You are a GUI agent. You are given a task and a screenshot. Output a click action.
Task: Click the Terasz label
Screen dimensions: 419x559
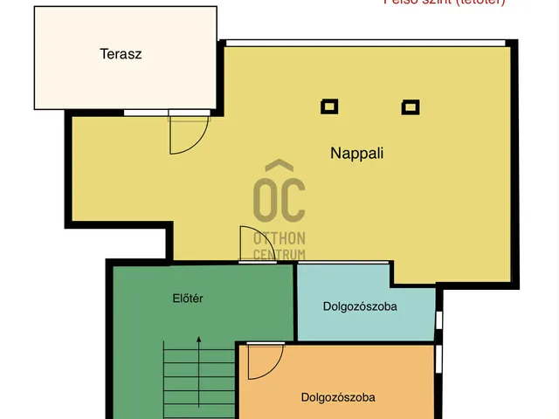tap(121, 53)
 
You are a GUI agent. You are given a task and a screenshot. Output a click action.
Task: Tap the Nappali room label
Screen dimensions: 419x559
tap(357, 153)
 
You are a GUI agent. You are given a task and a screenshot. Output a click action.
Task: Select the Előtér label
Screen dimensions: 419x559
tap(188, 299)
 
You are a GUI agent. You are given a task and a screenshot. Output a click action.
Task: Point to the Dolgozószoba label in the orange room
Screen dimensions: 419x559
tap(338, 397)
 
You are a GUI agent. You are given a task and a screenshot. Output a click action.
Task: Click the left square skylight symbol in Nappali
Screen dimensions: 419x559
tap(329, 106)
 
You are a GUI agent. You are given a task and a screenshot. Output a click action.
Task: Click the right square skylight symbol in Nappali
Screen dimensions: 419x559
tap(410, 107)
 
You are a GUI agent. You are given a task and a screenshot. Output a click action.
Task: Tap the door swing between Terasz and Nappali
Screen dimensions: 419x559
tap(188, 132)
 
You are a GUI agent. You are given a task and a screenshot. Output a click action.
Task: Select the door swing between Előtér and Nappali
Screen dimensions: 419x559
tap(251, 244)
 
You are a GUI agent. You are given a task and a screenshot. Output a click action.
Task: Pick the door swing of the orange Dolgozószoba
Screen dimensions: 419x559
tap(264, 361)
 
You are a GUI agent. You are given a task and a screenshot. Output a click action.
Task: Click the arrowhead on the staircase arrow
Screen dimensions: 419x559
tap(198, 340)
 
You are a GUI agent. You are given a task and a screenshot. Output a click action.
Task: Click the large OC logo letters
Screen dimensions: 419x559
tap(279, 200)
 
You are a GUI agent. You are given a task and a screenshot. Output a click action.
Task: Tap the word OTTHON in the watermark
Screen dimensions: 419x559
tap(279, 238)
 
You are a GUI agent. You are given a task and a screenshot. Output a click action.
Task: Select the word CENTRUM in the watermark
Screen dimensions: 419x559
tap(279, 254)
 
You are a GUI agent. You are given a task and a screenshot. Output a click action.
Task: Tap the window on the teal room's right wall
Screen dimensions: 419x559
tap(439, 323)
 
